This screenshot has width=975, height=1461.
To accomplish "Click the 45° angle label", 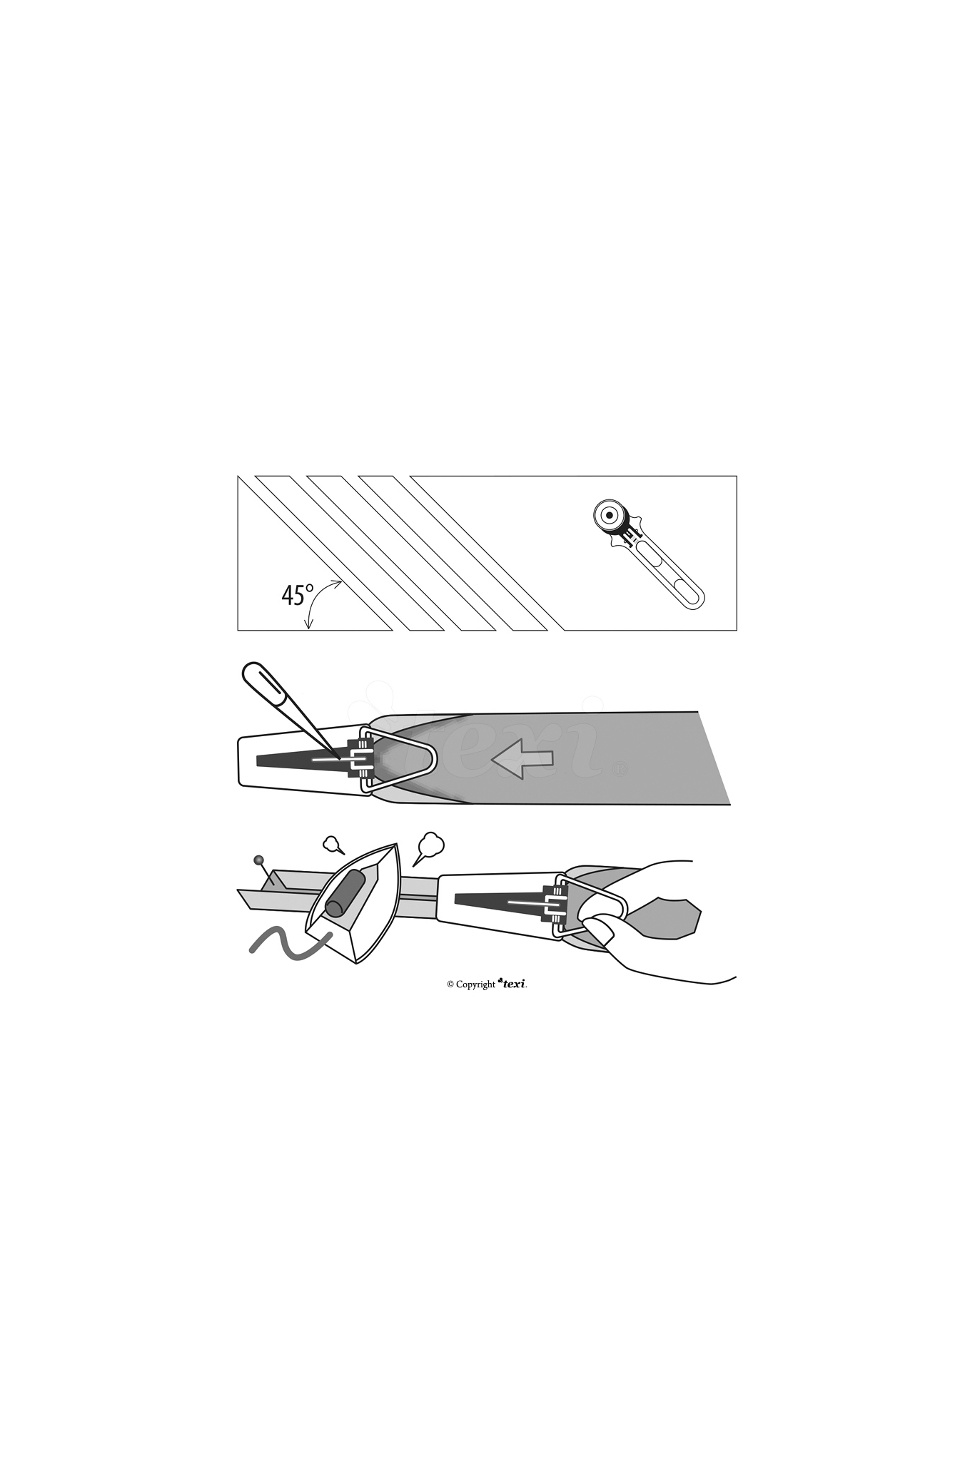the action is click(x=298, y=594).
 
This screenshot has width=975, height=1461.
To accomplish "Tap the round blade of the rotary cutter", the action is click(x=610, y=515).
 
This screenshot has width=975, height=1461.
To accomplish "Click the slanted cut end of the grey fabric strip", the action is click(x=714, y=758).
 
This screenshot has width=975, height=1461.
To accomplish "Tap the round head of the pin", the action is click(x=258, y=860).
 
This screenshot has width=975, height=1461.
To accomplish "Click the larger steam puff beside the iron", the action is click(x=430, y=845).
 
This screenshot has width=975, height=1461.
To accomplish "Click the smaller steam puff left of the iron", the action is click(x=333, y=845).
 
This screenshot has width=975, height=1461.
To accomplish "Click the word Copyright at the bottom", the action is click(x=475, y=984).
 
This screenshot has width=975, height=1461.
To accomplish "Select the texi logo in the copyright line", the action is click(x=512, y=983).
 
